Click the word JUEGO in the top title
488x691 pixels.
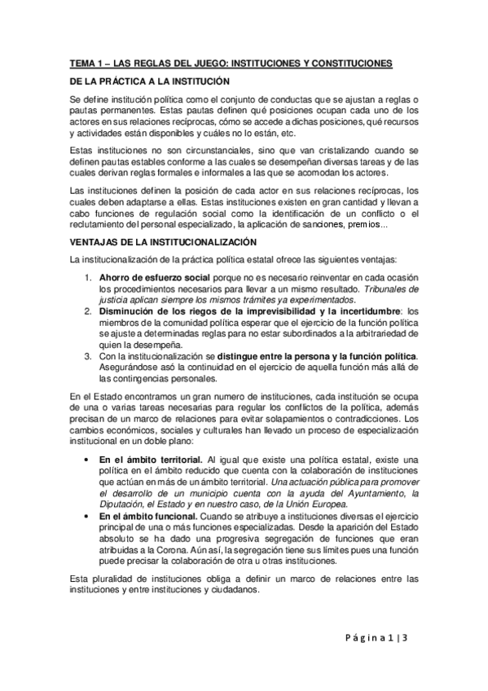[200, 62]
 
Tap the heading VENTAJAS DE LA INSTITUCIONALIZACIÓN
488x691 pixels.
[164, 242]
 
